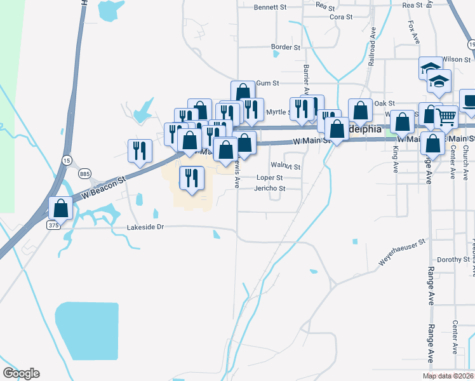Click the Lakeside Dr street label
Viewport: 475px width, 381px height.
145,227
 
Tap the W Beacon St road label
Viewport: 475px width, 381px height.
105,189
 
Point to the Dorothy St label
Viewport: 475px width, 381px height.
453,260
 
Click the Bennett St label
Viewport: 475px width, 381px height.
271,8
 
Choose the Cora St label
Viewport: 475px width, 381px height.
341,17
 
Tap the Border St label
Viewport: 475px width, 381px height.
285,47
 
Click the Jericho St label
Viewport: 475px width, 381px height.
270,189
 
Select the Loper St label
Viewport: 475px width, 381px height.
269,178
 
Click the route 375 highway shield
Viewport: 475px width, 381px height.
55,225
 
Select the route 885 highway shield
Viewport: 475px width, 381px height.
85,173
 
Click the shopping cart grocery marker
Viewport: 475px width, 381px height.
446,117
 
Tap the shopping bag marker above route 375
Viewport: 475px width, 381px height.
60,208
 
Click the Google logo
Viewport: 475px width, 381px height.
21,373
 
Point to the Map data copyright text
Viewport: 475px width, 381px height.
448,376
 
